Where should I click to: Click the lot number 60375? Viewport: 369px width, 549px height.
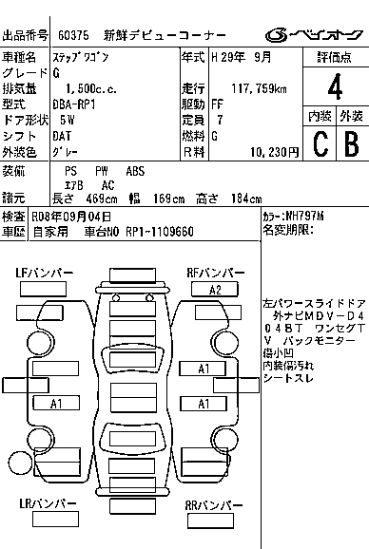(73, 35)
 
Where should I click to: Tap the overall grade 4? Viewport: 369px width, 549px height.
(335, 87)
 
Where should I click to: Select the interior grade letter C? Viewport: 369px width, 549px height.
(320, 143)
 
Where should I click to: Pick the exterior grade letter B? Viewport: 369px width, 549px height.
(352, 143)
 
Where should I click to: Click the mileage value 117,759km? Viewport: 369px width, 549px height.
(259, 88)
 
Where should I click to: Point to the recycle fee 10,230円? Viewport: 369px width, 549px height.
(275, 152)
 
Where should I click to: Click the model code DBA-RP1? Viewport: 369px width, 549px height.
(73, 104)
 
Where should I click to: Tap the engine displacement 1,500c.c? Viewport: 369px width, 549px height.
(91, 88)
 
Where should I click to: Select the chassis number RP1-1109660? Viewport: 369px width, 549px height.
(160, 232)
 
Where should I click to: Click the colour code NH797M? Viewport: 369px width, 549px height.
(304, 217)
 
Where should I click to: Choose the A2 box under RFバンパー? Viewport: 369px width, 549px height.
(215, 290)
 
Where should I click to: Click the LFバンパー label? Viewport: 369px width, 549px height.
(44, 274)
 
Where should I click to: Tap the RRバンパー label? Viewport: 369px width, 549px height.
(213, 505)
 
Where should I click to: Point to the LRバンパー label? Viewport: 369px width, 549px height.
(48, 503)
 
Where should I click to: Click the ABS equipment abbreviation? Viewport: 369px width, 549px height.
(135, 171)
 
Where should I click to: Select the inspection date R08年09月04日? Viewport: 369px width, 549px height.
(71, 217)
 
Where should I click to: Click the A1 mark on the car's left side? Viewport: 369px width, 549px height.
(56, 404)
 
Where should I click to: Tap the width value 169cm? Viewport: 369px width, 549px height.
(168, 199)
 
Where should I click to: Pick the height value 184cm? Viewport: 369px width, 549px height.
(246, 199)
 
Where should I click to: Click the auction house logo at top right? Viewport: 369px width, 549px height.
(314, 35)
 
